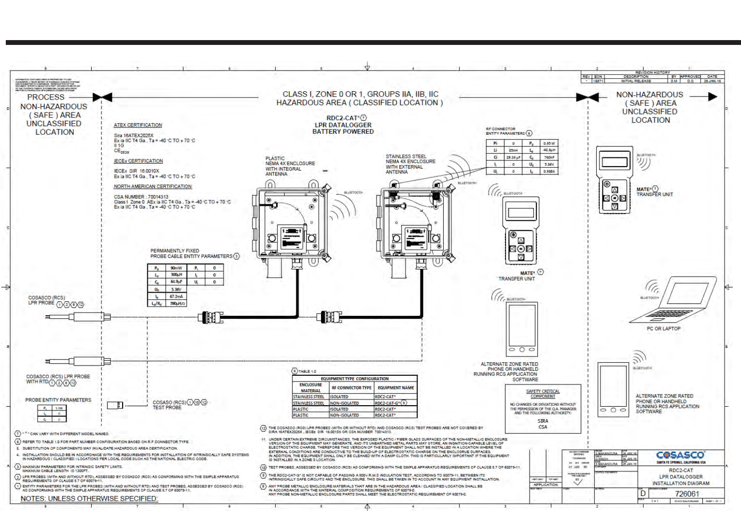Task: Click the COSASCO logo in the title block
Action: click(x=680, y=455)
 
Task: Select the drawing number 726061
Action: click(x=687, y=494)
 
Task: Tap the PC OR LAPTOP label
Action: click(x=663, y=328)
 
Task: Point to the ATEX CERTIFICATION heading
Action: click(x=138, y=125)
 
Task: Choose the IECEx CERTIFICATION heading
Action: click(x=138, y=161)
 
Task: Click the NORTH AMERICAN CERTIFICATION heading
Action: click(x=153, y=186)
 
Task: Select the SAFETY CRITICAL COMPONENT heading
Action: click(x=543, y=394)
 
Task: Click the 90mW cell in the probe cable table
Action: click(x=176, y=268)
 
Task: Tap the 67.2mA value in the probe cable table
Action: click(x=176, y=296)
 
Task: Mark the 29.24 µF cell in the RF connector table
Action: click(x=513, y=157)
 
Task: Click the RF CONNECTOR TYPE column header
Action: click(x=351, y=387)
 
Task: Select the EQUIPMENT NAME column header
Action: click(x=395, y=387)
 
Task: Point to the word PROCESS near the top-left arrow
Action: click(x=46, y=97)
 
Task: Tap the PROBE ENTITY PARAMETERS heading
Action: click(x=58, y=400)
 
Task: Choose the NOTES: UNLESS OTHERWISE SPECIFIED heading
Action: click(x=89, y=498)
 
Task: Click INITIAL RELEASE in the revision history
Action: click(x=636, y=81)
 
